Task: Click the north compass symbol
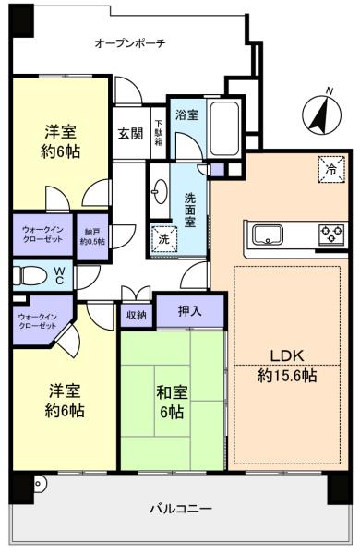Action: pos(322,114)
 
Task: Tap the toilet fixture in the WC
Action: pos(30,275)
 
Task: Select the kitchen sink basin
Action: pos(268,235)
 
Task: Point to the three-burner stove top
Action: pos(331,234)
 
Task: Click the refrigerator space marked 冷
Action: pos(331,169)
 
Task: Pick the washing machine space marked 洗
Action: pos(163,240)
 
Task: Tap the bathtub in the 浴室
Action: pos(224,128)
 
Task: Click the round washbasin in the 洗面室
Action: pos(161,191)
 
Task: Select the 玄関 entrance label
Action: pos(130,133)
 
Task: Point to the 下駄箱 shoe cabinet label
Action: pos(159,133)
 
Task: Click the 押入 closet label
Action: pos(190,311)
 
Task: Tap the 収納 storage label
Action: pos(137,315)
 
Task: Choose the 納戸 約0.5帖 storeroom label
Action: pos(92,236)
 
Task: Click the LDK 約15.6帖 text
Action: pos(287,366)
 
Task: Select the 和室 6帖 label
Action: pos(172,402)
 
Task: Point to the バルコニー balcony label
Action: pos(181,509)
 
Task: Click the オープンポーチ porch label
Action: pos(130,43)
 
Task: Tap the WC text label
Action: pos(60,275)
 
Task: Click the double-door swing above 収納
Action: pos(136,294)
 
